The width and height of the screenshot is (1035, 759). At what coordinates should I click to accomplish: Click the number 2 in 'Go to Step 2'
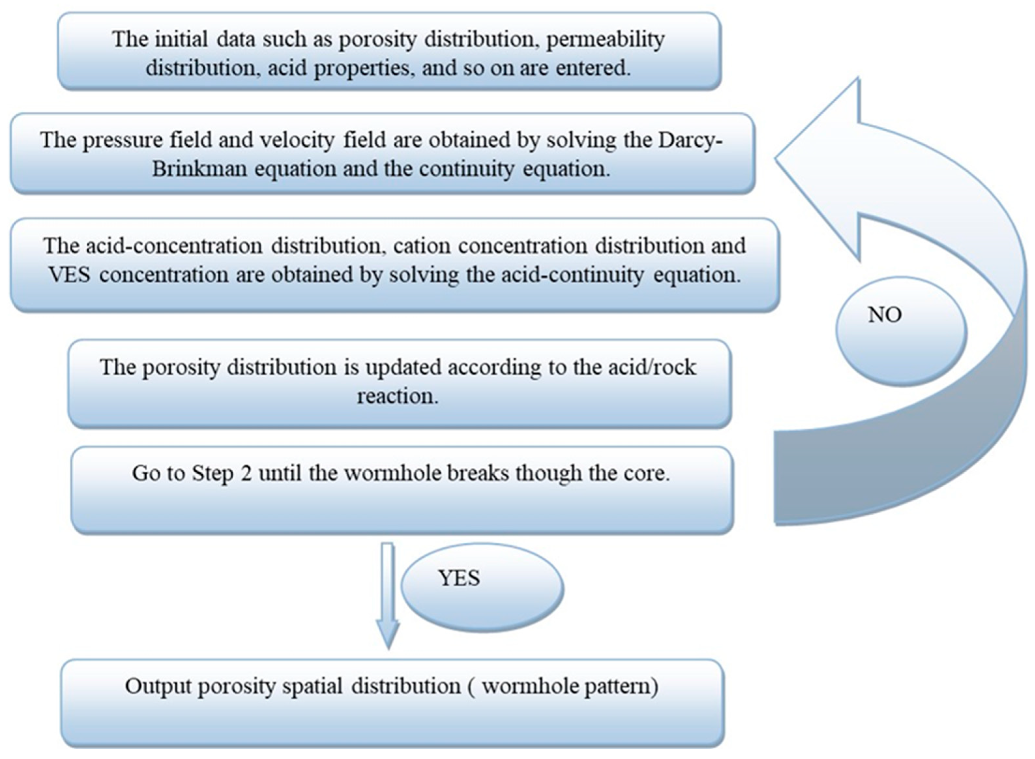[246, 473]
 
